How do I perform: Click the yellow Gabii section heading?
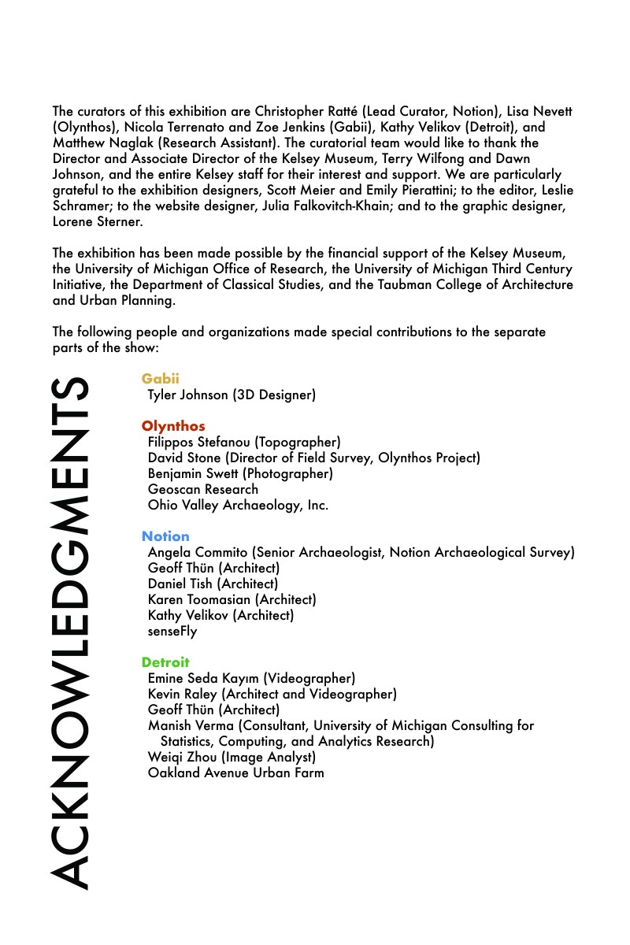click(x=161, y=379)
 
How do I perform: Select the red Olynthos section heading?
click(x=173, y=426)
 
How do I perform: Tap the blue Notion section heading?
click(x=165, y=536)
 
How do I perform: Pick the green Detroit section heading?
click(x=165, y=662)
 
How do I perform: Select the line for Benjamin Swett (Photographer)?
click(x=240, y=473)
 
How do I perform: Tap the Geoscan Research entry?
click(x=203, y=489)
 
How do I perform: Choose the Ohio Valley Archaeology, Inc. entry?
click(x=238, y=505)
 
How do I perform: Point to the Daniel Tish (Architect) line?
click(x=213, y=584)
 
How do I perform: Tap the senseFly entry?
click(x=172, y=631)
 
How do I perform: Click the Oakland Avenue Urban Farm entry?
click(x=235, y=773)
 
